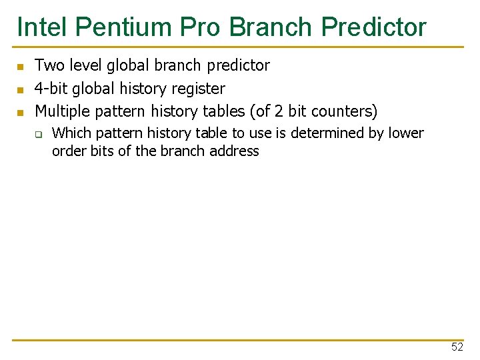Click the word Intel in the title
[42, 27]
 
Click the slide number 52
[457, 347]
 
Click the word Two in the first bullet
[47, 65]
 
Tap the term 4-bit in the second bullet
[51, 88]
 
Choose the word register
[197, 88]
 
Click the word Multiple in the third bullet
[61, 111]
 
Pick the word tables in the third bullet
[223, 111]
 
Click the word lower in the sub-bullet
[406, 133]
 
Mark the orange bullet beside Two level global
[20, 67]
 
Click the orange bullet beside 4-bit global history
[20, 89]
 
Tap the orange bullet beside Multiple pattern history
[20, 112]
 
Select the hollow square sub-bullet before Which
[39, 135]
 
